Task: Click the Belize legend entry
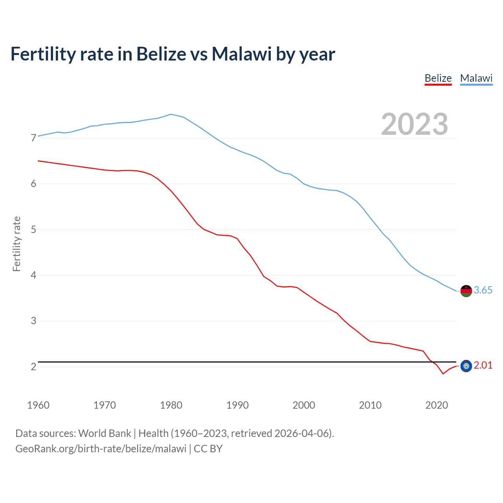point(438,78)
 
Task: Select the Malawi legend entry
point(476,78)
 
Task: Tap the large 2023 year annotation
point(414,124)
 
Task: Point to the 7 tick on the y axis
point(33,138)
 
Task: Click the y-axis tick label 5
point(33,229)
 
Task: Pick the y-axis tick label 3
point(33,321)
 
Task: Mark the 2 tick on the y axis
point(33,367)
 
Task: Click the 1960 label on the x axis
point(38,405)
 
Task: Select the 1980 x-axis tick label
point(171,405)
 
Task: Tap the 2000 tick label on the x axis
point(304,405)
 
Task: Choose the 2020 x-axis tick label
point(437,405)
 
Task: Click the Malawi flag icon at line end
point(466,291)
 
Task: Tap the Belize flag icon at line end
point(466,366)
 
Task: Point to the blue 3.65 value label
point(483,290)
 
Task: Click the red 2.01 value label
point(483,365)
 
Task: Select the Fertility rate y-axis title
point(17,244)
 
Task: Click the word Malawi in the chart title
point(242,54)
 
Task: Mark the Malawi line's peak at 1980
point(171,114)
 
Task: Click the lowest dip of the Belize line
point(443,374)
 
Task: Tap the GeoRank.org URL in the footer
point(101,449)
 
